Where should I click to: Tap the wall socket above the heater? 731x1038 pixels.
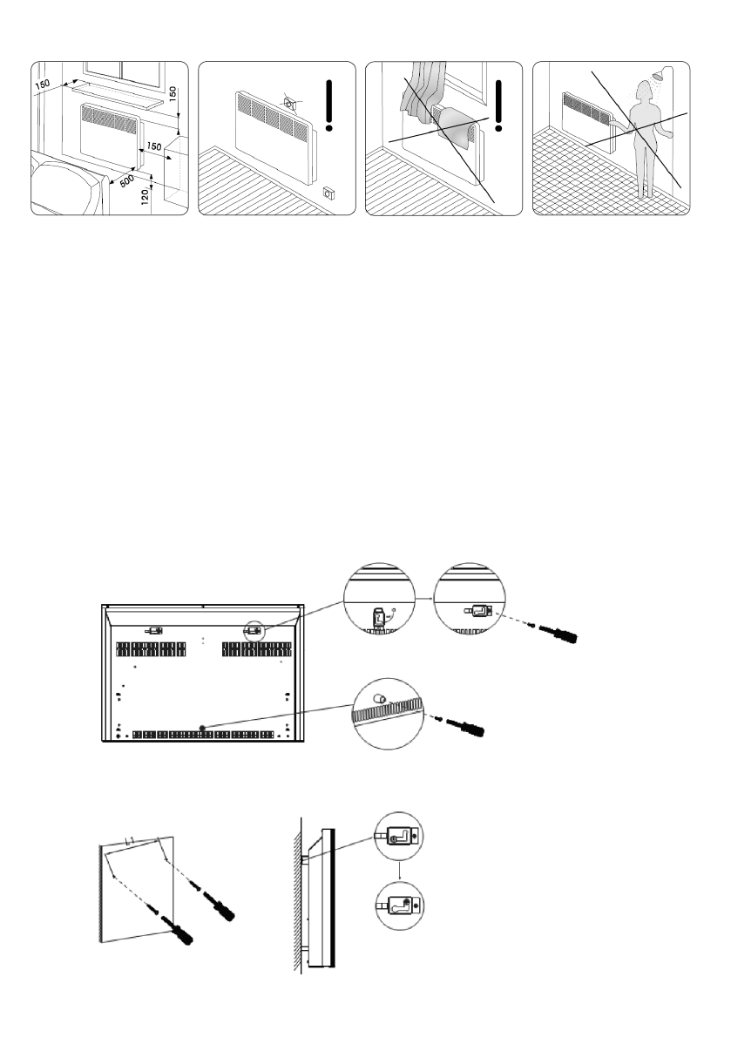pyautogui.click(x=290, y=105)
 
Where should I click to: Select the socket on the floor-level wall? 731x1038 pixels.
pyautogui.click(x=328, y=193)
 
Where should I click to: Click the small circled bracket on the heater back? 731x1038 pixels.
pyautogui.click(x=255, y=629)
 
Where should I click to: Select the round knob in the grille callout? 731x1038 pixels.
pyautogui.click(x=381, y=699)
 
